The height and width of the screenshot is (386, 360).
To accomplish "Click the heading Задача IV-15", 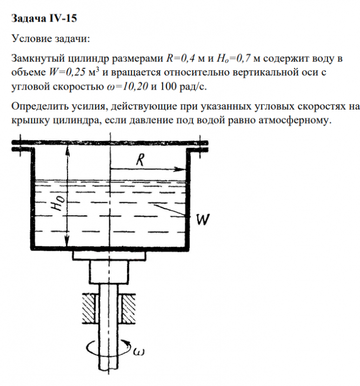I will coord(44,19).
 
